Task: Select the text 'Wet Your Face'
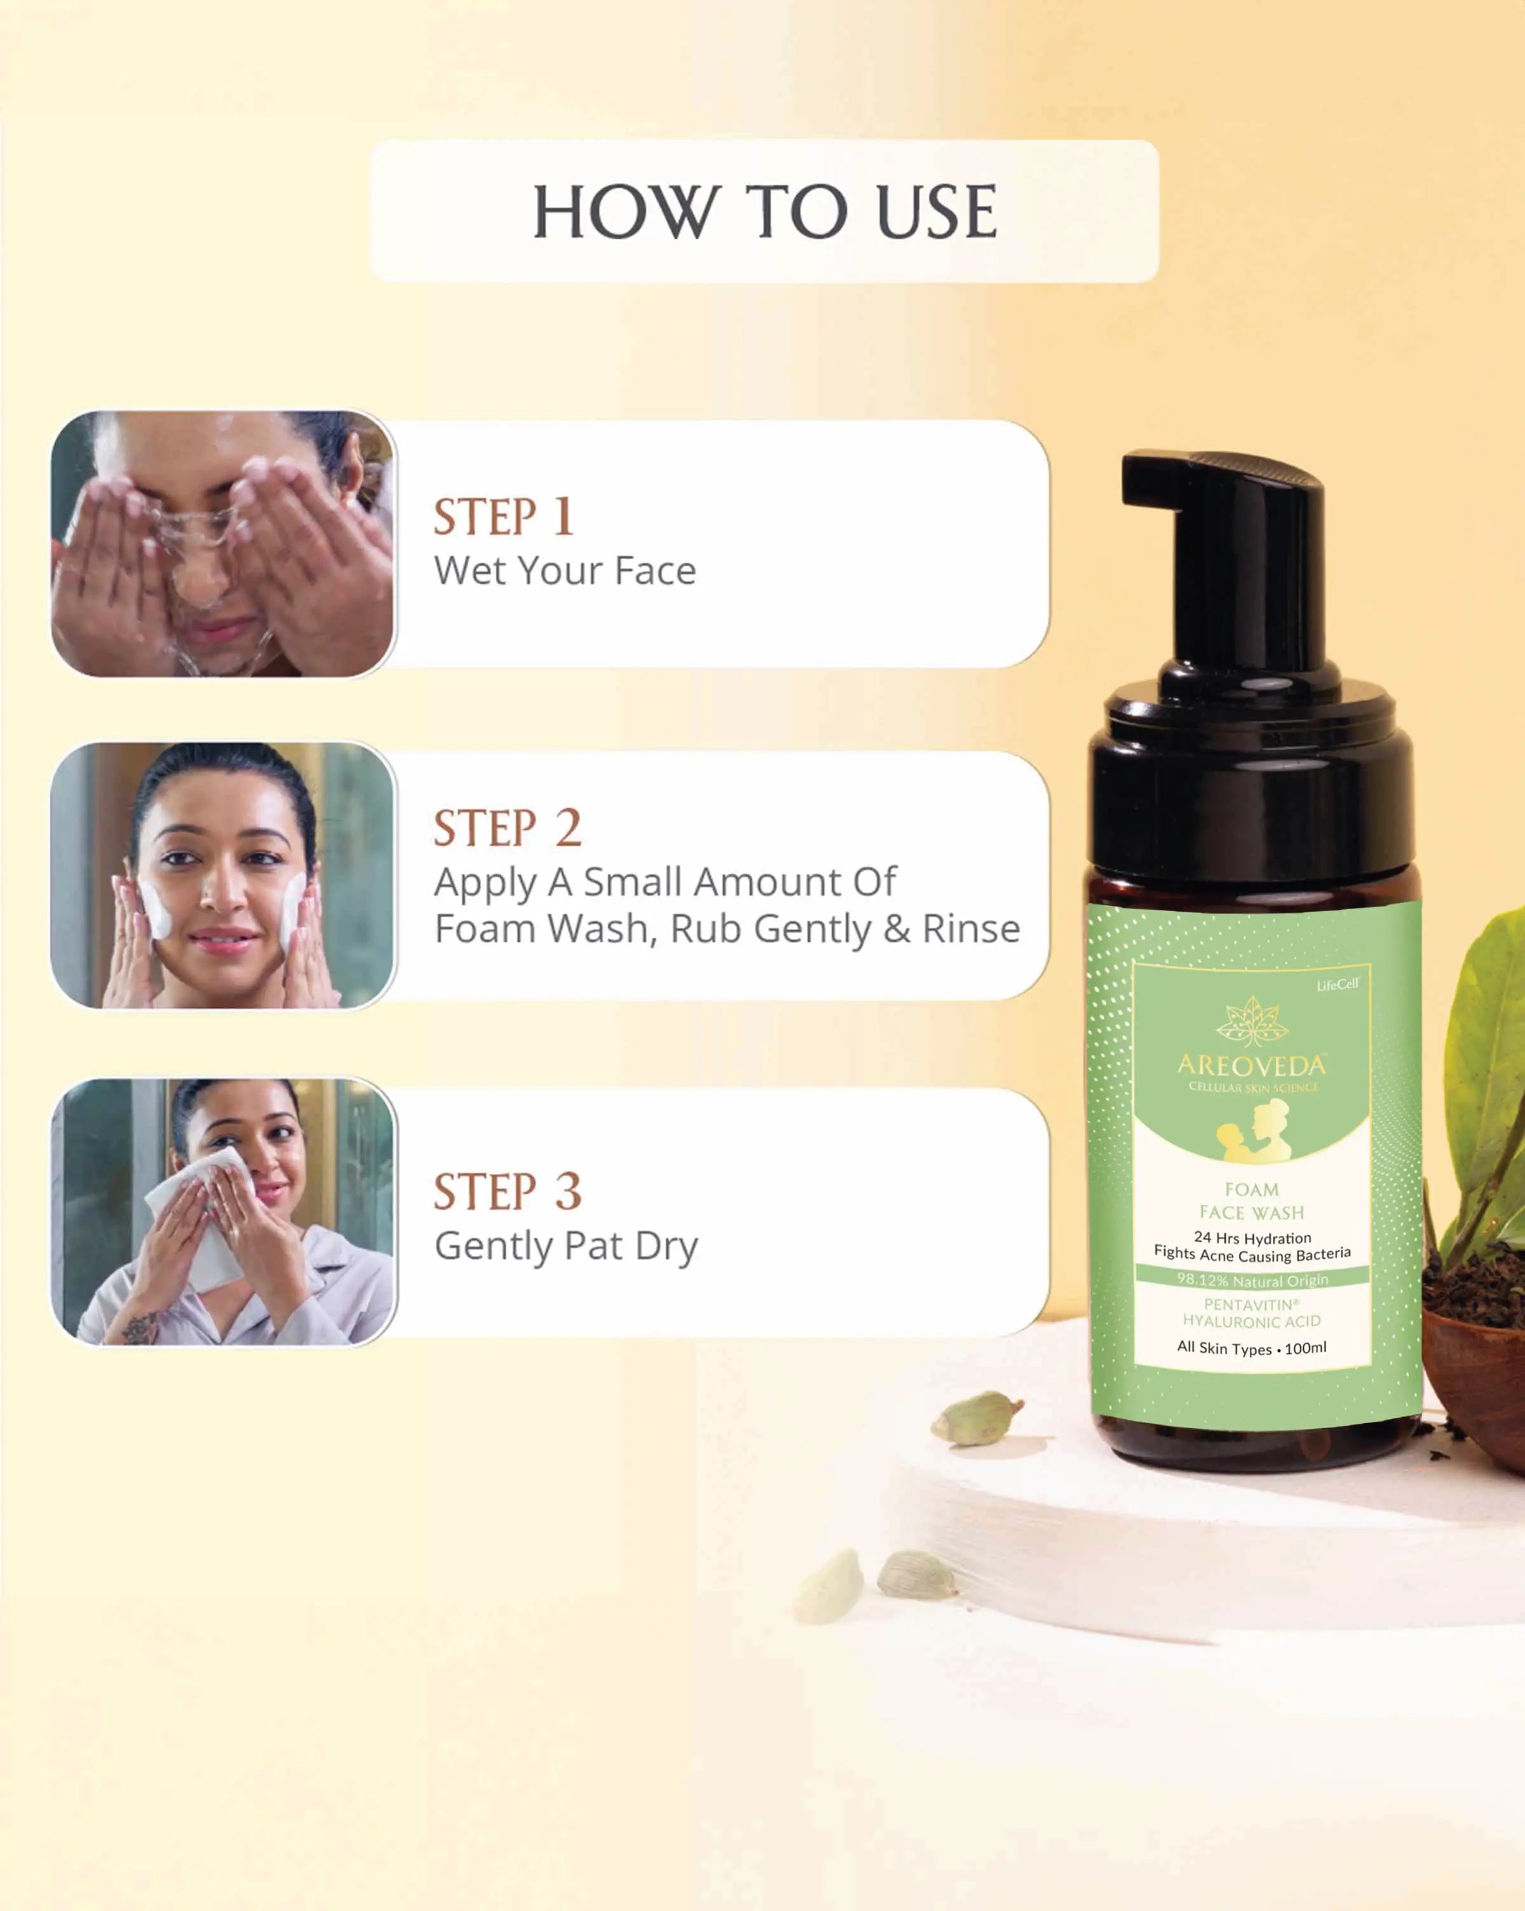click(565, 571)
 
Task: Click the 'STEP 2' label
click(507, 828)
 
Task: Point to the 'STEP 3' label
click(507, 1191)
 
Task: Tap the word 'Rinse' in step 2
click(971, 929)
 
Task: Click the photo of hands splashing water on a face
click(222, 543)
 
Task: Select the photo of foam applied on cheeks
click(222, 875)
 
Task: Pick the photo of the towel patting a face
click(222, 1212)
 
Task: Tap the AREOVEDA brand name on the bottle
click(1252, 1065)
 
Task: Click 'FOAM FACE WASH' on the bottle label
click(1252, 1201)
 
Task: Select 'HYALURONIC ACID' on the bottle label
click(1252, 1321)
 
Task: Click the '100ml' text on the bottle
click(1305, 1348)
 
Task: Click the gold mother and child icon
click(1252, 1129)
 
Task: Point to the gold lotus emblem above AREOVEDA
click(1252, 1021)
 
